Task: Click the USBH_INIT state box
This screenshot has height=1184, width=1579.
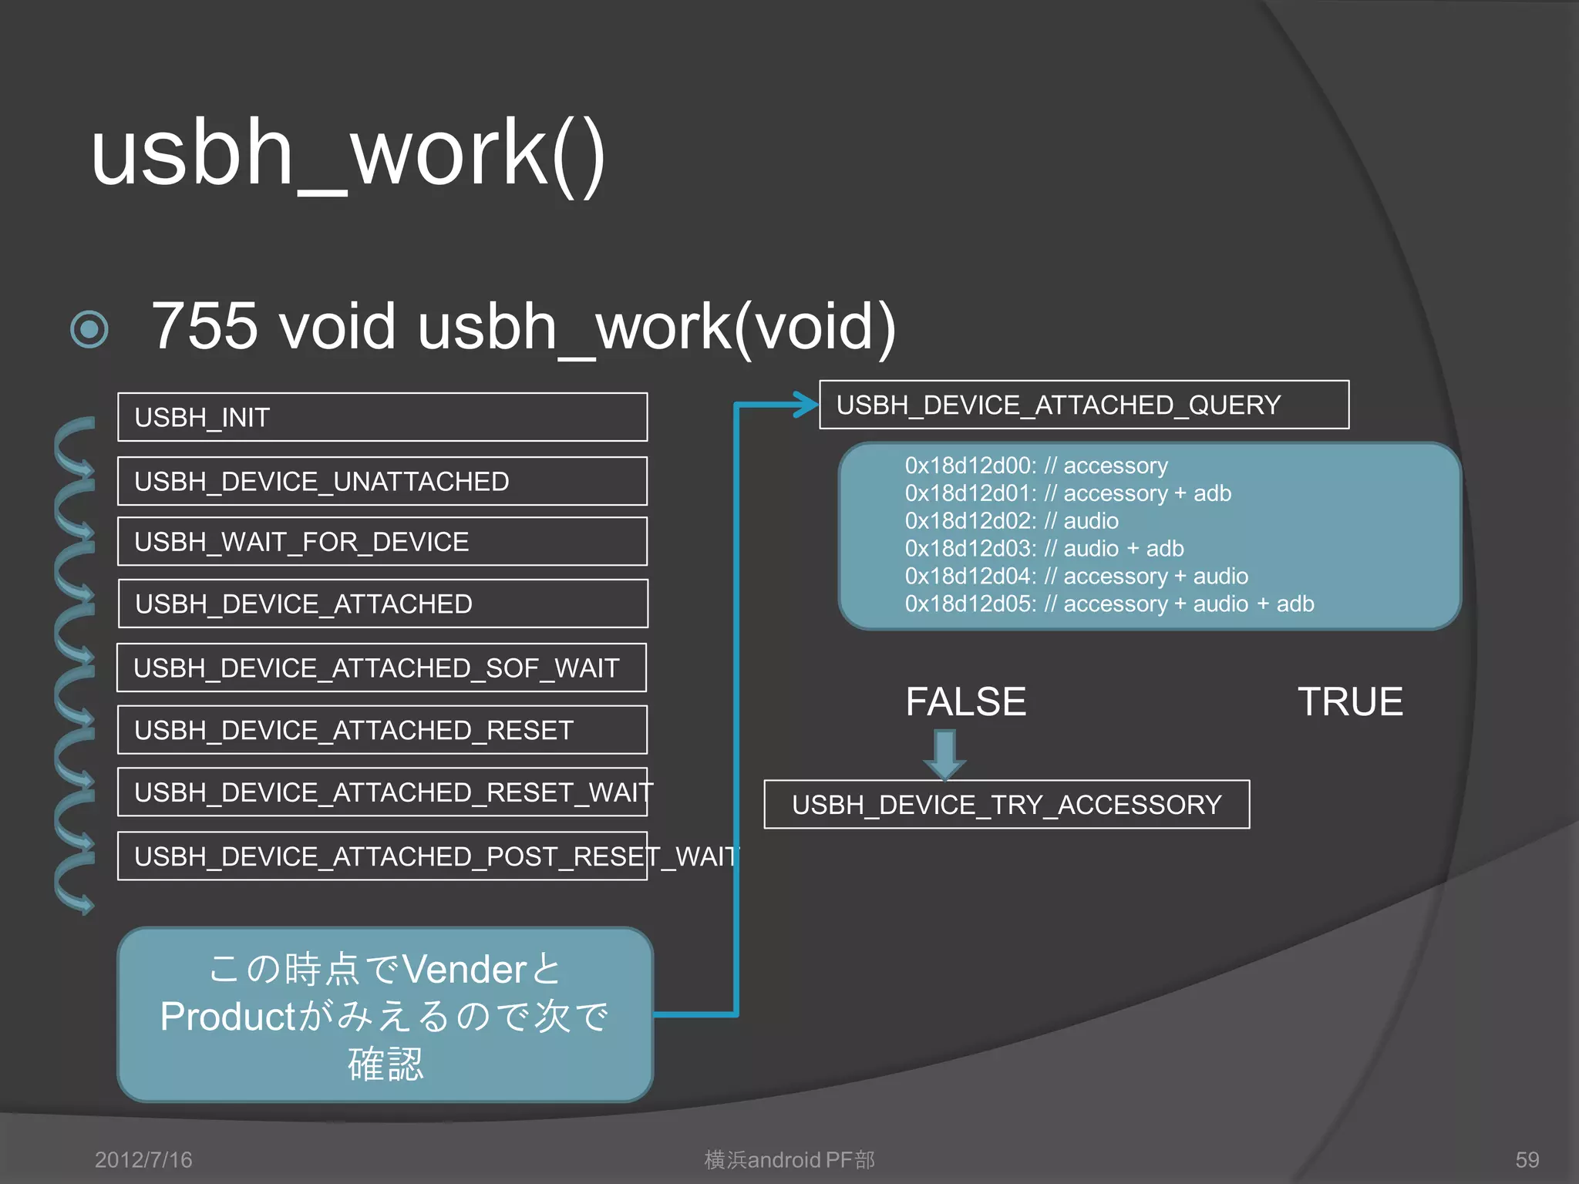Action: pyautogui.click(x=382, y=417)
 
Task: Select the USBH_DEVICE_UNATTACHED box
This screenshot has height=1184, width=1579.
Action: pyautogui.click(x=382, y=481)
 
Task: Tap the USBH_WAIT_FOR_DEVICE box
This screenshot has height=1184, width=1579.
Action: pyautogui.click(x=382, y=541)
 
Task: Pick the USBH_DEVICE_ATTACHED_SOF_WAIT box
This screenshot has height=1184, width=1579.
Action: pyautogui.click(x=382, y=668)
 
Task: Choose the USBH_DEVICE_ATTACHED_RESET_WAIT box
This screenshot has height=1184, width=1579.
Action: pyautogui.click(x=382, y=792)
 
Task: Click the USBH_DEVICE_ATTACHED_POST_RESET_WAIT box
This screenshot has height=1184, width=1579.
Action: pyautogui.click(x=382, y=856)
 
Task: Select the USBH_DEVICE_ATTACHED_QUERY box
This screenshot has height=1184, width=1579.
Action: pyautogui.click(x=1083, y=405)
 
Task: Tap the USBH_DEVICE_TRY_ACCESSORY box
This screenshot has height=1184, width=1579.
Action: pyautogui.click(x=1006, y=805)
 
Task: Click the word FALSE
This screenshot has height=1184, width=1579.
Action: pyautogui.click(x=965, y=701)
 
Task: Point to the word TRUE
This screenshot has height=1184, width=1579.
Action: pyautogui.click(x=1350, y=701)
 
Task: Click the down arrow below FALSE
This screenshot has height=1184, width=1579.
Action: pyautogui.click(x=944, y=754)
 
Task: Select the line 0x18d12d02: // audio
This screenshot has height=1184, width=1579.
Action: pyautogui.click(x=1011, y=521)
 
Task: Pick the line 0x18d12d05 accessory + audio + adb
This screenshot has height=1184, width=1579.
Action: pyautogui.click(x=1109, y=604)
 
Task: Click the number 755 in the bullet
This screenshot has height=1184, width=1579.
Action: pyautogui.click(x=204, y=326)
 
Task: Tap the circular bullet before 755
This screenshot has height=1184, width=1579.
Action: pyautogui.click(x=89, y=330)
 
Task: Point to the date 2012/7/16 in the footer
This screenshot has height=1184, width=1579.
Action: pyautogui.click(x=143, y=1159)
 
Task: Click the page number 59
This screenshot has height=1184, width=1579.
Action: pyautogui.click(x=1527, y=1159)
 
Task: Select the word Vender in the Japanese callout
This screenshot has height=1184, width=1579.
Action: pyautogui.click(x=464, y=969)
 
